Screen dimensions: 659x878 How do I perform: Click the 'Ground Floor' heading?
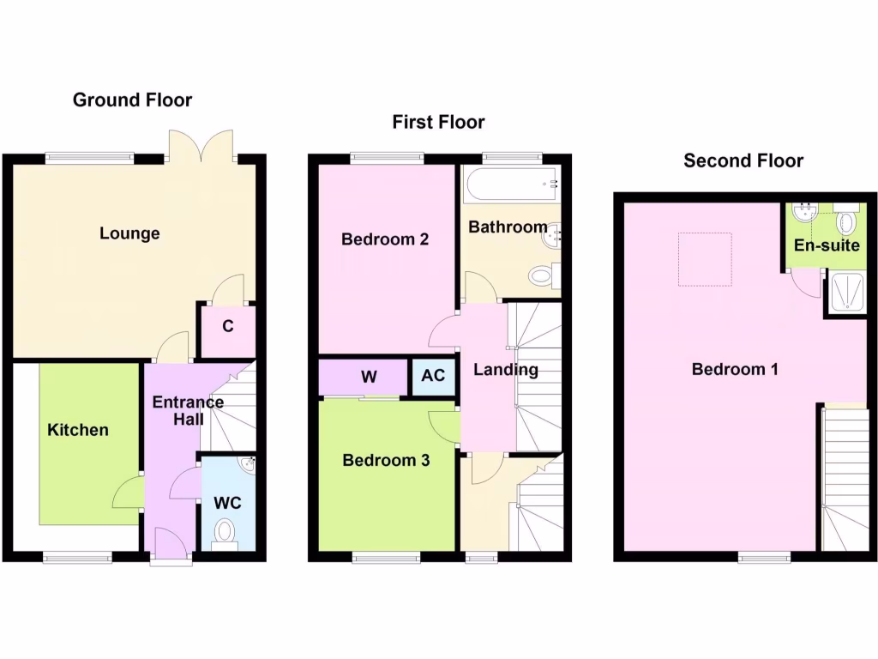(x=132, y=100)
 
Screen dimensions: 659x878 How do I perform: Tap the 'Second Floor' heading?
(x=743, y=160)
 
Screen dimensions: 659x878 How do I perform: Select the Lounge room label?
(x=129, y=233)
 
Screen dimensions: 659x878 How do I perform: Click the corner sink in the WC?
(x=247, y=465)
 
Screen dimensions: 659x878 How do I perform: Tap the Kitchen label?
(x=77, y=430)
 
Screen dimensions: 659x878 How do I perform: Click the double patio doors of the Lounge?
(x=201, y=146)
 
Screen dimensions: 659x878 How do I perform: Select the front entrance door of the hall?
(x=171, y=544)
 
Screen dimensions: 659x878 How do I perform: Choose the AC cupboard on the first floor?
(x=433, y=376)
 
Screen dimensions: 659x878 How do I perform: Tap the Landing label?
(x=506, y=370)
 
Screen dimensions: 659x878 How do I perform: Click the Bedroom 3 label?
(x=386, y=461)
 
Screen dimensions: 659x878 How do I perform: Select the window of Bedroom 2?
(x=387, y=158)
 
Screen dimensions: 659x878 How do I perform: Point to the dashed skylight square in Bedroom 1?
(x=706, y=259)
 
